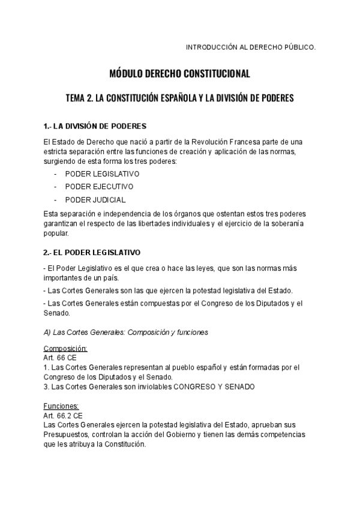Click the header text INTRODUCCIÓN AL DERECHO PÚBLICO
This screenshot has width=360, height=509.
click(250, 46)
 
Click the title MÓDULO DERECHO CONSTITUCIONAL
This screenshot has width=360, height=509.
click(179, 74)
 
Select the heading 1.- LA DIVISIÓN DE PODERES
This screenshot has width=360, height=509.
click(95, 127)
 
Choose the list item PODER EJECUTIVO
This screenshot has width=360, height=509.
click(100, 187)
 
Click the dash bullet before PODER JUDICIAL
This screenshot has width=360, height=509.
click(55, 200)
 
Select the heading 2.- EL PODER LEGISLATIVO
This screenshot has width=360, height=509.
click(92, 253)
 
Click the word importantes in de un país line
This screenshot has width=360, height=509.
click(64, 278)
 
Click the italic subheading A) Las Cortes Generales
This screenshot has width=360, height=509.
click(125, 332)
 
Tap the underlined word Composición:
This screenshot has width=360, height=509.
click(65, 349)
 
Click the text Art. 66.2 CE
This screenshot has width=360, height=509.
click(63, 415)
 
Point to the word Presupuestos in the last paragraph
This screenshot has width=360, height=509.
click(68, 434)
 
